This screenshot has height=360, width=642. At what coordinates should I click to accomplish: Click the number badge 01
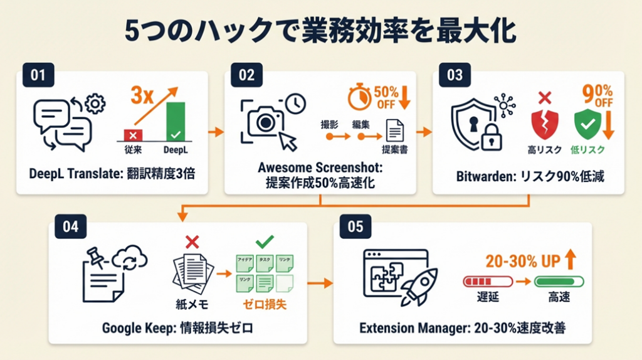tap(38, 76)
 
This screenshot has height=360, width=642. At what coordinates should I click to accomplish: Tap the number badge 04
tap(70, 226)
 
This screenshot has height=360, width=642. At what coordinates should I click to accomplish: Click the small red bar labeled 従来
tap(132, 134)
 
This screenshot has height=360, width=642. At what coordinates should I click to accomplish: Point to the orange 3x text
tap(142, 96)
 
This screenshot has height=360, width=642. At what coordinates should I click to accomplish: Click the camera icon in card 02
tap(260, 122)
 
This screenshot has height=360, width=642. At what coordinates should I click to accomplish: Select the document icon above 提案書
tap(394, 130)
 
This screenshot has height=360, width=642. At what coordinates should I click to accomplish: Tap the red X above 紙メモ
tap(192, 241)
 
